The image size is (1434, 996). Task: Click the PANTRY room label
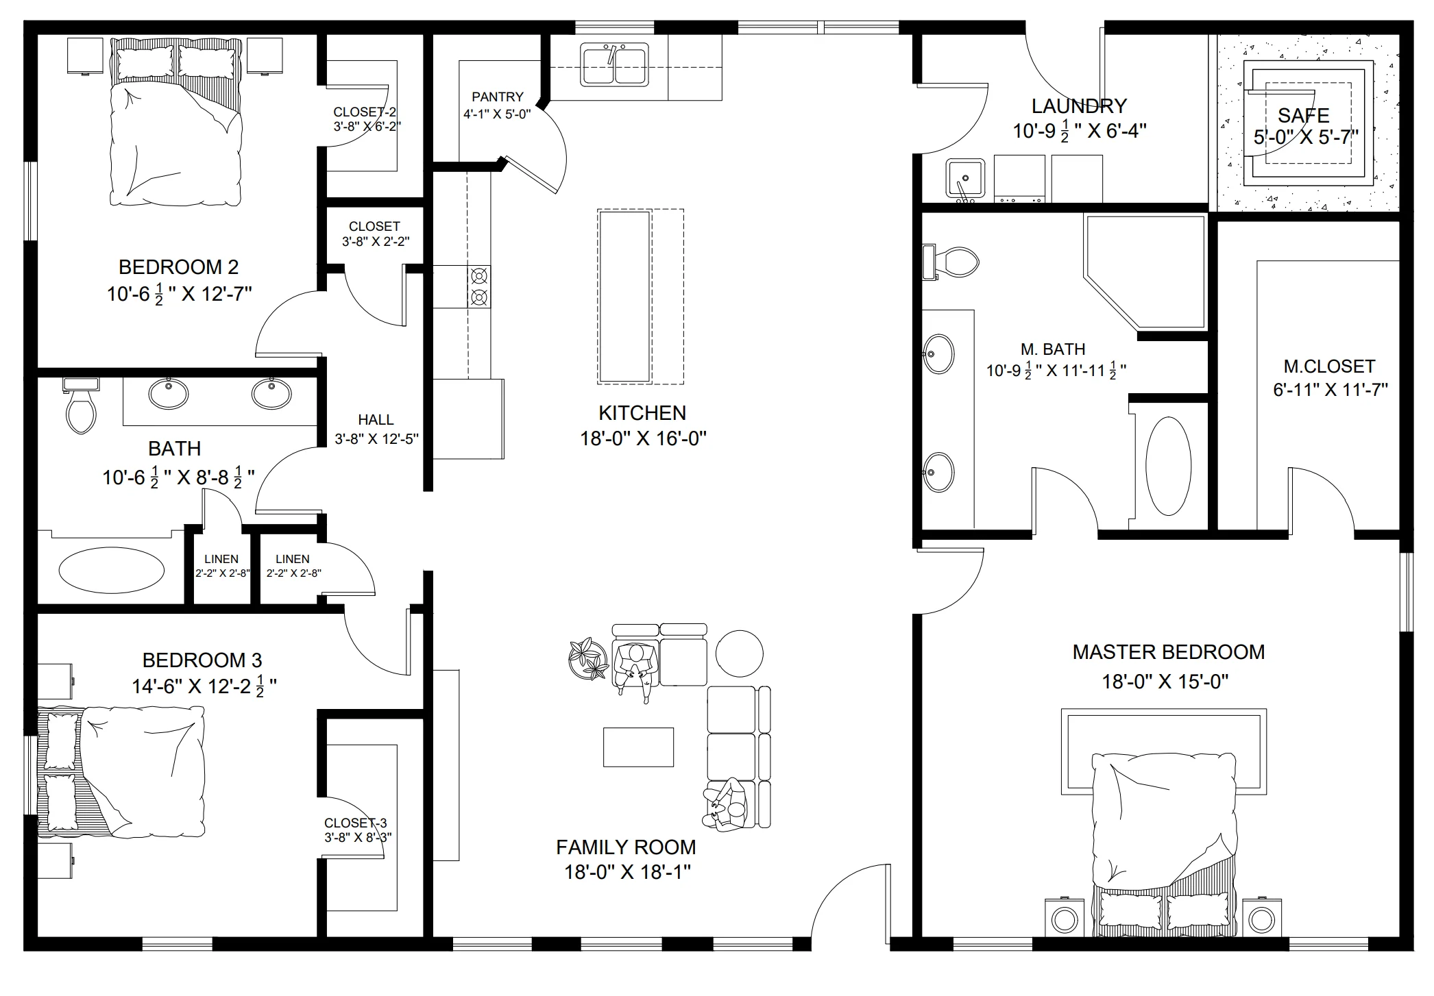pos(497,97)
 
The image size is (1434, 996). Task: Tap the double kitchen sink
pos(614,64)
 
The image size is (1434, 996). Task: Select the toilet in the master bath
pos(951,262)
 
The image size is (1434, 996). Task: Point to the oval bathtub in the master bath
pos(1168,466)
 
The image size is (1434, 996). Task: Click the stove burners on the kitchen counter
pos(479,286)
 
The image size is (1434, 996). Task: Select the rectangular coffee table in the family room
pos(638,747)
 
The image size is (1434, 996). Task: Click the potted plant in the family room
pos(588,658)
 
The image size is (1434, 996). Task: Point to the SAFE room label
pos(1303,115)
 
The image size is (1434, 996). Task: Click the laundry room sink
pos(965,179)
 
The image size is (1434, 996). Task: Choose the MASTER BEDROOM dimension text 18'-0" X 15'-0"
pos(1165,682)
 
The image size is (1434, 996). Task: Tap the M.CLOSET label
pos(1329,366)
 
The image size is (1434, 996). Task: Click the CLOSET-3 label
pos(355,823)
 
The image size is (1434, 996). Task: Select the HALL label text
pos(376,419)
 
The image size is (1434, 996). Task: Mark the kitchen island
pos(641,297)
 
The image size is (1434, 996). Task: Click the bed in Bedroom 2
pos(176,121)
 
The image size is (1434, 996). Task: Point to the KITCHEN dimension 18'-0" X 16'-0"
pos(643,438)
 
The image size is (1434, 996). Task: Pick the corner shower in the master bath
pos(1144,271)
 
